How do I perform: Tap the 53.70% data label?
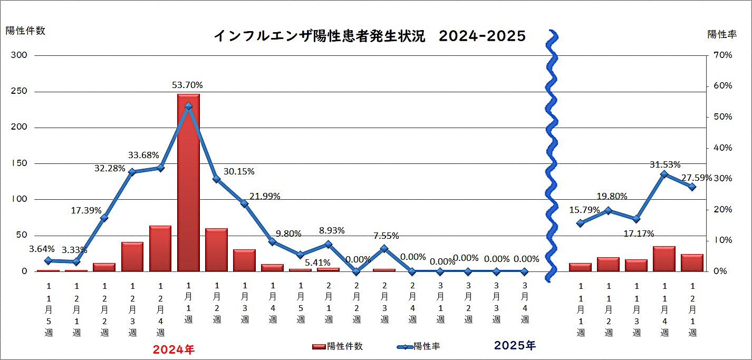coord(187,85)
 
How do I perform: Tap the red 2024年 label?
coord(174,349)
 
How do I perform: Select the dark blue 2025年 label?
coord(515,346)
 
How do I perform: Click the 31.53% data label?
coord(666,164)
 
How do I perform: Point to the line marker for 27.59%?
coord(692,187)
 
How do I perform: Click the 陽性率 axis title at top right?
coord(722,34)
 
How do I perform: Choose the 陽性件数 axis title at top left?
coord(26,31)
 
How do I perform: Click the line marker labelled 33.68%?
coord(161,168)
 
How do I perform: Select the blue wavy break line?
coord(552,153)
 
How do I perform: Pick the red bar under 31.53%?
coord(664,259)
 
